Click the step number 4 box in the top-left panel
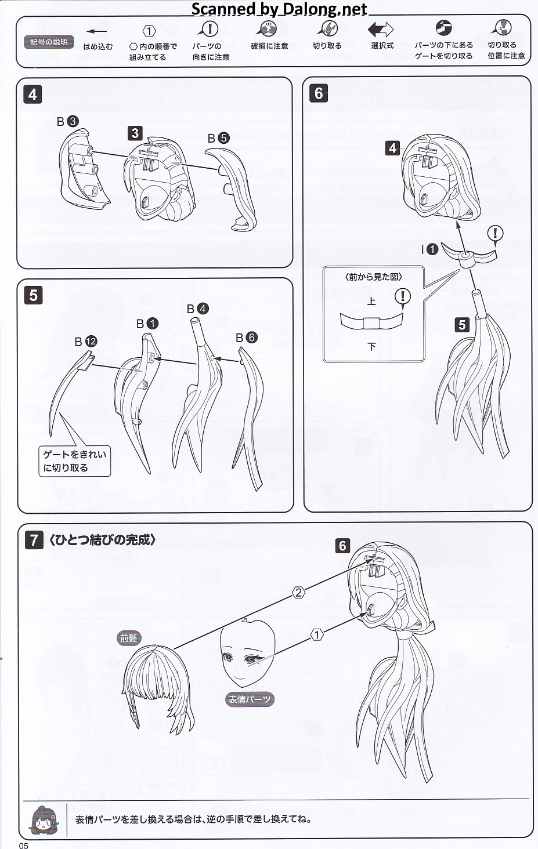(33, 94)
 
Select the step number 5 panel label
(33, 295)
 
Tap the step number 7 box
(34, 540)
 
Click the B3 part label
(67, 122)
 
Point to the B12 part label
(85, 342)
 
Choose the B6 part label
(245, 338)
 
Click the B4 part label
(197, 309)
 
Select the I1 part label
(429, 249)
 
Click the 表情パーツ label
(249, 699)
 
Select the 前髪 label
(129, 638)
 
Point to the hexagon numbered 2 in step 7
(298, 592)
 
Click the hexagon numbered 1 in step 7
(317, 635)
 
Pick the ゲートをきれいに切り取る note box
(74, 461)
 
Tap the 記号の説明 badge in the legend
(49, 42)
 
